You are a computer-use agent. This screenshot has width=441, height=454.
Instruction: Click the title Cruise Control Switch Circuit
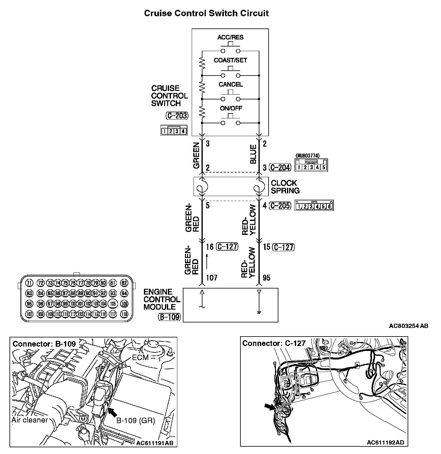(x=206, y=13)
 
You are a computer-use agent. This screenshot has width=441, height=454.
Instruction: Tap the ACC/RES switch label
(x=230, y=37)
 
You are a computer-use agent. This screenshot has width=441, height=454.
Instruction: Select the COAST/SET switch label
(x=230, y=60)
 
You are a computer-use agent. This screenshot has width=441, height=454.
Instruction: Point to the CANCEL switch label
(x=230, y=84)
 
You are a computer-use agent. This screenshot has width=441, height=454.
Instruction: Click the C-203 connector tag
(x=177, y=116)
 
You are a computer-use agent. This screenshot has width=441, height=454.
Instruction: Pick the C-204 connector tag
(x=280, y=167)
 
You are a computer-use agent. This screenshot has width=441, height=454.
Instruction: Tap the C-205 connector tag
(x=280, y=206)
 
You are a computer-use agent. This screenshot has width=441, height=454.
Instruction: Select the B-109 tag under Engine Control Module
(x=169, y=317)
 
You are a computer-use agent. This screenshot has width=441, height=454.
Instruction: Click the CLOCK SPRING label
(x=285, y=187)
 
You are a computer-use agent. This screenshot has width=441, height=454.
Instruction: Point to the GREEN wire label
(x=196, y=156)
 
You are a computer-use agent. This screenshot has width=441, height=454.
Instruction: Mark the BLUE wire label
(x=253, y=154)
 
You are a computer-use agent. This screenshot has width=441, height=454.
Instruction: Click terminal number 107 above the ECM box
(x=211, y=278)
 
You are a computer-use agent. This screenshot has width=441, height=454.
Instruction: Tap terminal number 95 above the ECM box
(x=267, y=278)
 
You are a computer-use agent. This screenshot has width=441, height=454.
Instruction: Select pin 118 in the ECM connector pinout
(x=124, y=314)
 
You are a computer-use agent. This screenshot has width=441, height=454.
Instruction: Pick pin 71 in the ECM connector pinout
(x=29, y=283)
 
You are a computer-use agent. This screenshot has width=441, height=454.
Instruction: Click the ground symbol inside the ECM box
(x=259, y=313)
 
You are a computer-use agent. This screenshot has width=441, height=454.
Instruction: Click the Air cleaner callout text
(x=30, y=420)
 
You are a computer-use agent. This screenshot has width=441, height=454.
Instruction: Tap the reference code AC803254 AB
(x=409, y=326)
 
